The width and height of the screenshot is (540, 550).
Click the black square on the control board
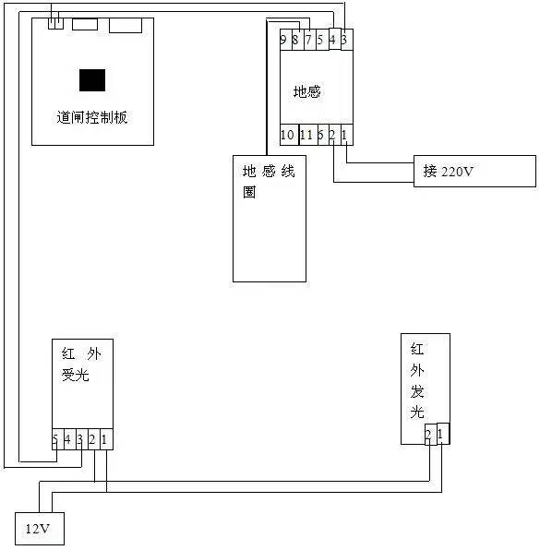[x=92, y=80]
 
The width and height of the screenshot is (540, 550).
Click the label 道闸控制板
[x=92, y=117]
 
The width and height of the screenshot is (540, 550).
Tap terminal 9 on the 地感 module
[x=285, y=40]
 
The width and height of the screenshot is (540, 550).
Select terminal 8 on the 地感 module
[x=297, y=40]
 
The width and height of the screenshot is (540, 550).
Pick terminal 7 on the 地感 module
[x=309, y=40]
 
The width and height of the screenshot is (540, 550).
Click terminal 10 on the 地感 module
[x=289, y=135]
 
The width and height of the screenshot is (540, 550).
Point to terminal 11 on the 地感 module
[x=308, y=135]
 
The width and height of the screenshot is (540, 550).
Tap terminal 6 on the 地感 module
[x=323, y=135]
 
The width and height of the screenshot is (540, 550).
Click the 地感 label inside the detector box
[x=307, y=92]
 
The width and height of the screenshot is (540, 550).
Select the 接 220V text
[x=448, y=171]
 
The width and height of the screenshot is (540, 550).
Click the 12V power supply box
[x=40, y=529]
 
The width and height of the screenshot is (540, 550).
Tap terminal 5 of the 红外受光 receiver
[x=58, y=439]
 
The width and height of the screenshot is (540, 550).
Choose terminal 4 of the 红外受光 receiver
[x=70, y=439]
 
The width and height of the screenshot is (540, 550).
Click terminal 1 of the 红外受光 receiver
[x=106, y=439]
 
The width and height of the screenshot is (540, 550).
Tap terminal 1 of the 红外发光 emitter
[x=443, y=434]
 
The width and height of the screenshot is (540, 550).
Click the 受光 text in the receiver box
[x=76, y=375]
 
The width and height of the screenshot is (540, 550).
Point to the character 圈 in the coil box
[x=249, y=192]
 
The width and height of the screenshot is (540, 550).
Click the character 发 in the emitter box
[x=417, y=391]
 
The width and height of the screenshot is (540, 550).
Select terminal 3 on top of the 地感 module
[x=347, y=40]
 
